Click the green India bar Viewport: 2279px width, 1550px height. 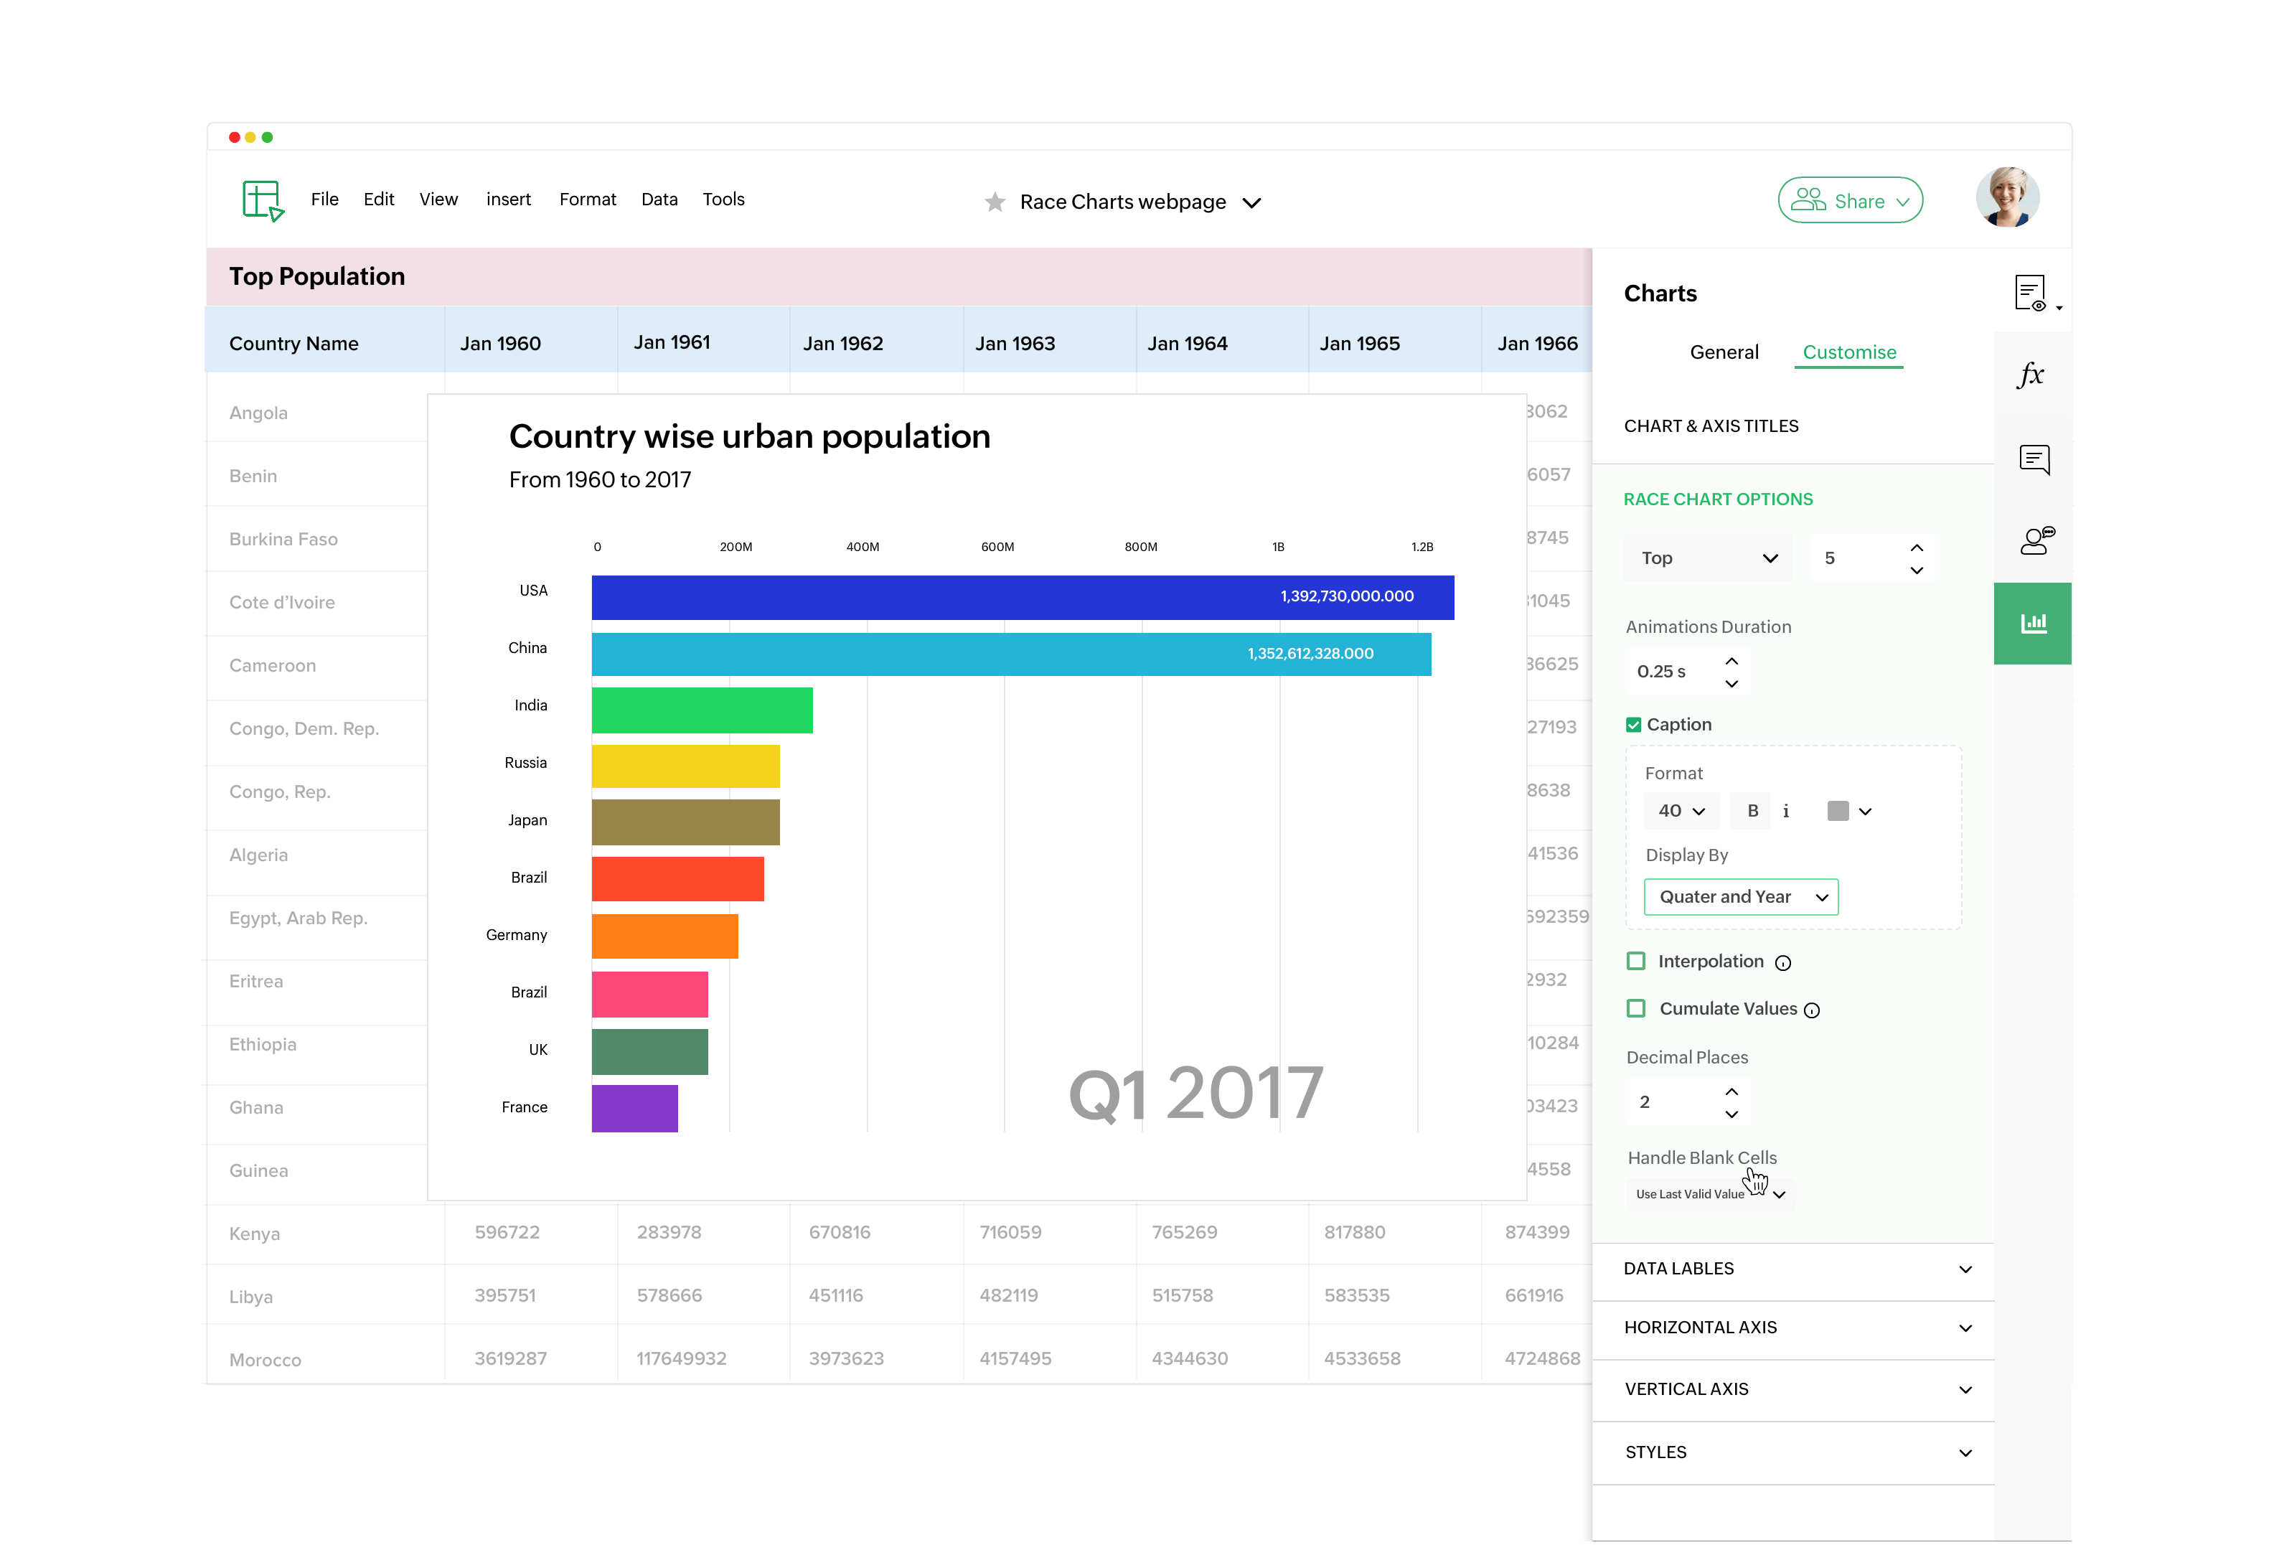pyautogui.click(x=701, y=710)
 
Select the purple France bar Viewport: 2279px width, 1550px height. pyautogui.click(x=634, y=1108)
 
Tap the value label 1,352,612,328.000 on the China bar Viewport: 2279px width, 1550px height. pyautogui.click(x=1310, y=654)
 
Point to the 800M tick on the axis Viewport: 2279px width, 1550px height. pyautogui.click(x=1140, y=547)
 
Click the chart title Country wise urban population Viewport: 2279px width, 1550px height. pyautogui.click(x=749, y=436)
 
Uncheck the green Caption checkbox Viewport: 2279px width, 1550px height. pyautogui.click(x=1632, y=725)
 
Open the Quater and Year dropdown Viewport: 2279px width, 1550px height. pyautogui.click(x=1741, y=897)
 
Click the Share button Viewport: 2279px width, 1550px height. pyautogui.click(x=1849, y=201)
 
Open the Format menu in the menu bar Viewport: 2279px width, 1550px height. pyautogui.click(x=588, y=199)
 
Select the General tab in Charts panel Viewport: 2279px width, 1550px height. pyautogui.click(x=1724, y=352)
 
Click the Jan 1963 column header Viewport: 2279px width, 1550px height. pyautogui.click(x=1015, y=343)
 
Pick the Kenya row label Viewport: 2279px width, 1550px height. pyautogui.click(x=255, y=1234)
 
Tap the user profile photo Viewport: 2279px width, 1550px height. pyautogui.click(x=2006, y=198)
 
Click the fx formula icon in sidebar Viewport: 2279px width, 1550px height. pyautogui.click(x=2031, y=374)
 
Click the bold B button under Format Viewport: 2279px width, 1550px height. pyautogui.click(x=1752, y=811)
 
